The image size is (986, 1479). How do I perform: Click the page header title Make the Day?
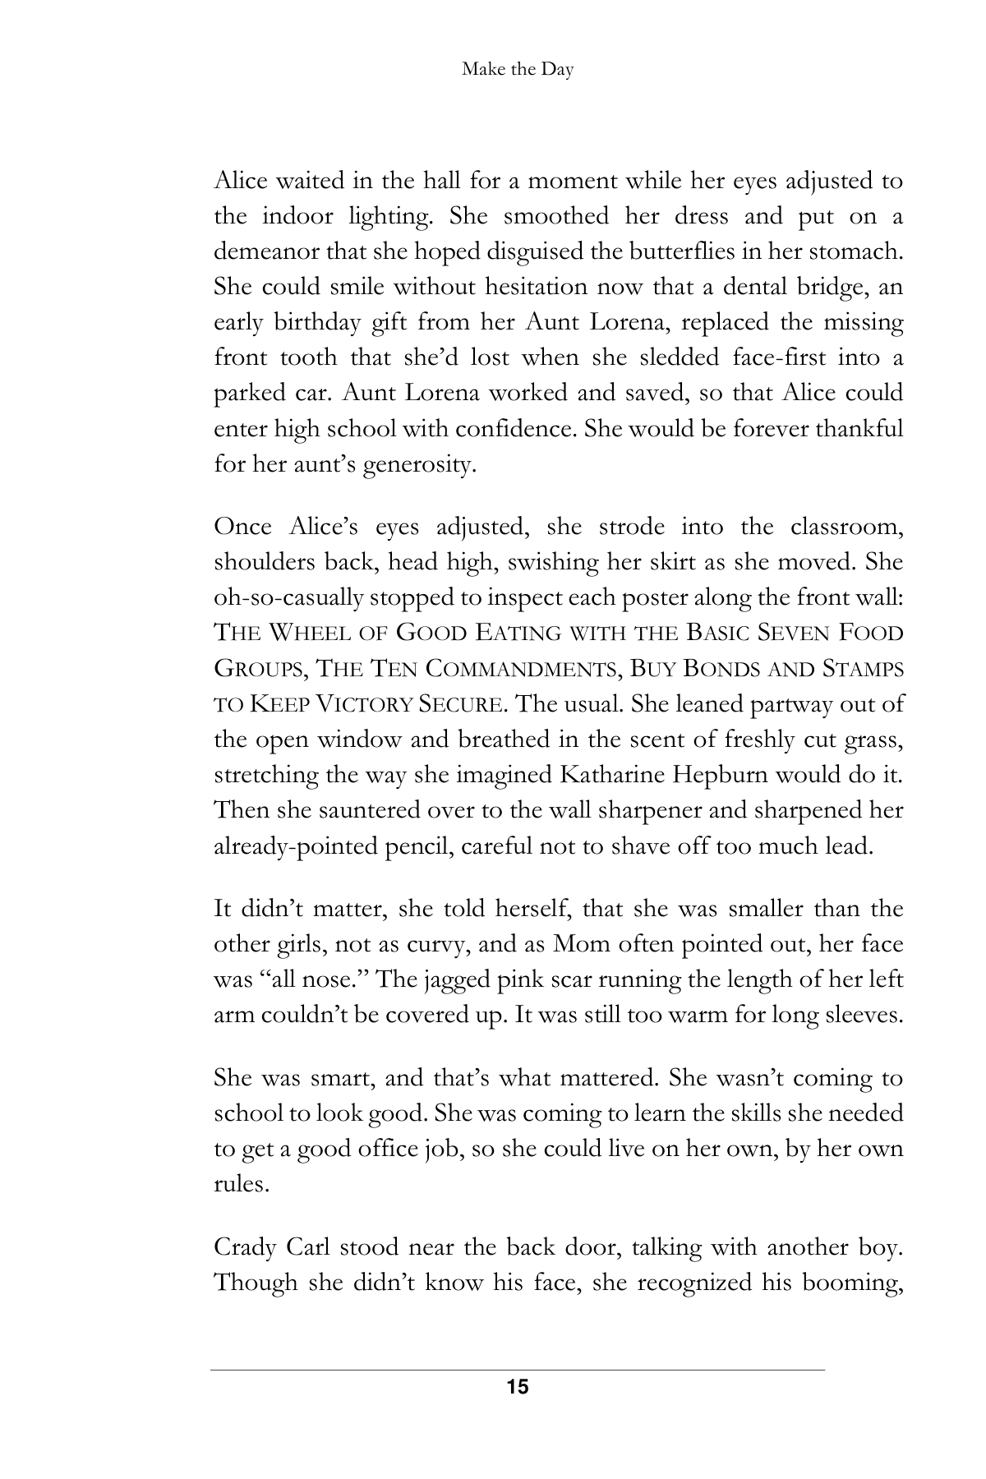tap(518, 70)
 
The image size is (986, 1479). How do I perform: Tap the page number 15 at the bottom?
tap(518, 1388)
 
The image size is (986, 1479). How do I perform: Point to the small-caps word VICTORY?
tap(362, 705)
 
